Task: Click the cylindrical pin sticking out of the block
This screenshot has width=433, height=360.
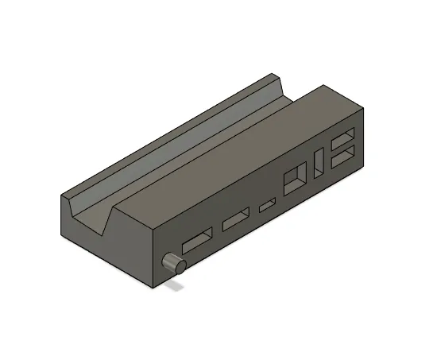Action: (174, 263)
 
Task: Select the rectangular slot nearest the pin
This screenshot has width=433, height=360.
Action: (197, 242)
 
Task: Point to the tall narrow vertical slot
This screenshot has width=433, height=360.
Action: (319, 161)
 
